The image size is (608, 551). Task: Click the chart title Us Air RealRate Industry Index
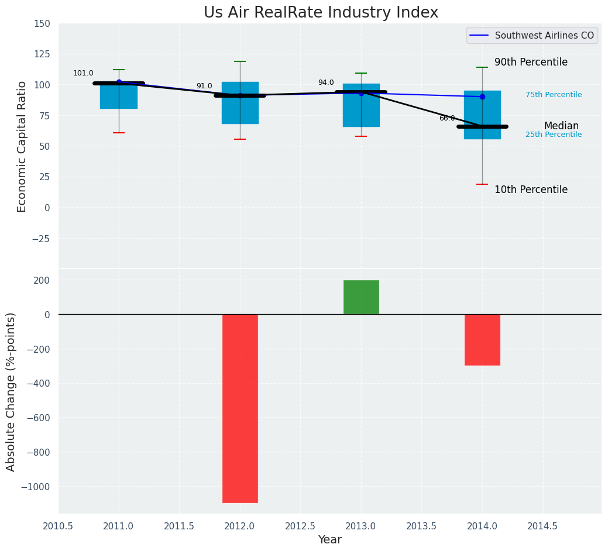321,13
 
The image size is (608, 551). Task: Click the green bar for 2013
361,297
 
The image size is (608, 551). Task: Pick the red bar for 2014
482,339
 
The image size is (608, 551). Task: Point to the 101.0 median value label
83,74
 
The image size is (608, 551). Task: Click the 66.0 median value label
446,118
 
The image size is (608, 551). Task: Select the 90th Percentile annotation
531,63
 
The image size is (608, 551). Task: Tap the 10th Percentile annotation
531,190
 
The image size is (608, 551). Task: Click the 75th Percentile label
553,95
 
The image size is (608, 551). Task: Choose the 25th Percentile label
553,135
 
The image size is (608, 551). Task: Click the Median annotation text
561,126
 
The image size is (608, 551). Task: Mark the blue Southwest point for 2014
482,97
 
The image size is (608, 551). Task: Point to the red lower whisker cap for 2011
119,133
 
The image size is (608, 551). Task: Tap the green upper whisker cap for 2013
361,73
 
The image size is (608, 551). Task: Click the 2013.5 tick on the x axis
421,526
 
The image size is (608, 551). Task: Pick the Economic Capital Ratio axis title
22,146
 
